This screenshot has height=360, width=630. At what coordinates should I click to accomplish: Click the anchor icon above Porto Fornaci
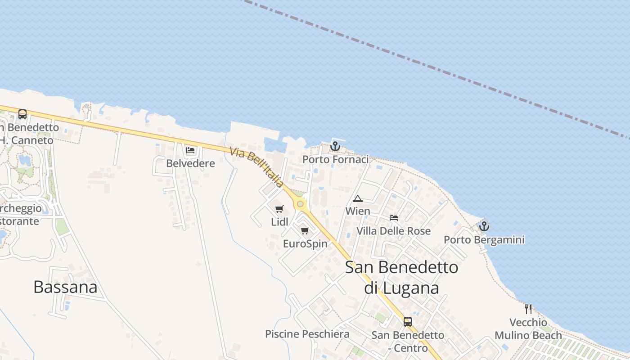[335, 146]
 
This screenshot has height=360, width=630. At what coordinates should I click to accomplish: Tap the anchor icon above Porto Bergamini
[484, 226]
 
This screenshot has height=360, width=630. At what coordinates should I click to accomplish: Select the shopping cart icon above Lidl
[279, 209]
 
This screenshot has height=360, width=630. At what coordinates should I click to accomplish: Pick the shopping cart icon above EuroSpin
[305, 231]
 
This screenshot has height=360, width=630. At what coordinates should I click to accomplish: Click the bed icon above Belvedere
[190, 150]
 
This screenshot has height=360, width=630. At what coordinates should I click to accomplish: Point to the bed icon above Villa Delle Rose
[394, 218]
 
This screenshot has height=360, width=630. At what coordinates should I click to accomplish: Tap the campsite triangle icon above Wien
[358, 198]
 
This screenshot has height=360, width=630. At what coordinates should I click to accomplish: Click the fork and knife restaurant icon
[528, 309]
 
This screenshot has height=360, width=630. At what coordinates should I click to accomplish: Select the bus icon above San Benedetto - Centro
[408, 322]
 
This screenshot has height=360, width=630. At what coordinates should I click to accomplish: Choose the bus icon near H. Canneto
[22, 114]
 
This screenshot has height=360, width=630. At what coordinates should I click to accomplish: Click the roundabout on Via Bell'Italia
[300, 204]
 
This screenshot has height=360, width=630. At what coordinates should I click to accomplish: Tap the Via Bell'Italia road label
[256, 167]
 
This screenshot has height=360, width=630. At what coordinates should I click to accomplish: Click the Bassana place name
[65, 287]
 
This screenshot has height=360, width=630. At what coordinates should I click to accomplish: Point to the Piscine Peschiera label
[307, 334]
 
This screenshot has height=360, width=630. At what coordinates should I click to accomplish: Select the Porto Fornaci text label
[335, 159]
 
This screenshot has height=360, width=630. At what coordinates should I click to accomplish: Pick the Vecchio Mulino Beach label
[528, 329]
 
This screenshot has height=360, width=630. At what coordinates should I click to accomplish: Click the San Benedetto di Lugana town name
[401, 277]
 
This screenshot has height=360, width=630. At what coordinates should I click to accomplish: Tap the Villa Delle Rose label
[394, 231]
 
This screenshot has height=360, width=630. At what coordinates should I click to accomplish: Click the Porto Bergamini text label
[484, 240]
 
